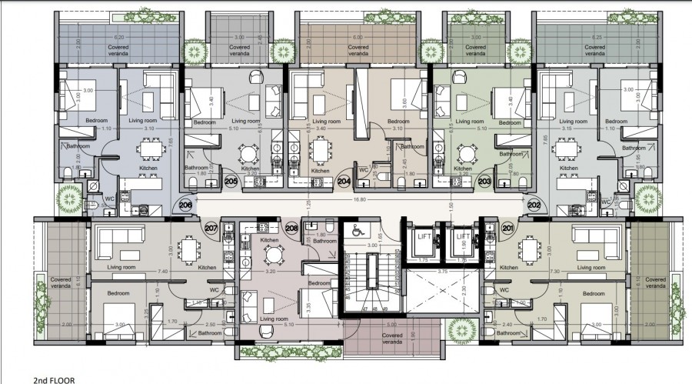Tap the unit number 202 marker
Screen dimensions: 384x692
534,205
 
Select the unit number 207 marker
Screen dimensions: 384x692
212,228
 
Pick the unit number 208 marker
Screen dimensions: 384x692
291,228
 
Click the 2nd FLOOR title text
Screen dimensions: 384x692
54,379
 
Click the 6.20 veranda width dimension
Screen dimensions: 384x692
118,37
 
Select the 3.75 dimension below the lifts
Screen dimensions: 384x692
443,272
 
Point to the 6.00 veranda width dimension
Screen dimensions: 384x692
358,37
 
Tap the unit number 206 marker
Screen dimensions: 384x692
185,205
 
